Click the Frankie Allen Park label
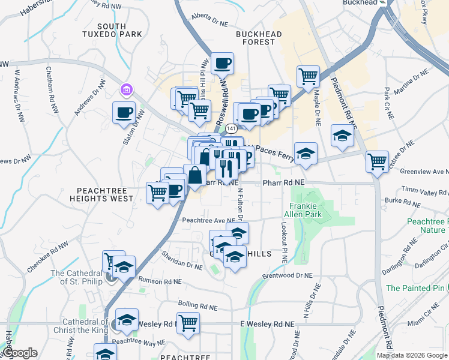[x=307, y=209]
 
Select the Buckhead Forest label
[x=259, y=38]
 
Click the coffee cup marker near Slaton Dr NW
[x=125, y=113]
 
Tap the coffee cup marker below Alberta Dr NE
[x=222, y=63]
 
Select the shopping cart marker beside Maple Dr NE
[x=308, y=76]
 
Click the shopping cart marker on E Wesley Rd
[x=188, y=323]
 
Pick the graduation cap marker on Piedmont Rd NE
[x=342, y=136]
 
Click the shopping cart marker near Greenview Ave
[x=377, y=161]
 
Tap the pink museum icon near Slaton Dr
[x=127, y=90]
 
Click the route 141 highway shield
[x=230, y=128]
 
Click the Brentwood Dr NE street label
[x=288, y=276]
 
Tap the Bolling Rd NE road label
[x=197, y=307]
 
